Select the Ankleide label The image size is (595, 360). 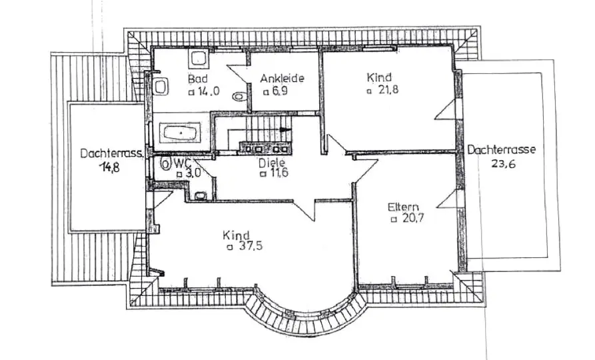coord(282,79)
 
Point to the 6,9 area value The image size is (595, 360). coord(279,91)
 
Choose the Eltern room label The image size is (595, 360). coord(403,206)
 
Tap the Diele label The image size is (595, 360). coord(272,161)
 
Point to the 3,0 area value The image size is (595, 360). coord(193,173)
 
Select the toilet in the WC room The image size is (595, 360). coord(201,195)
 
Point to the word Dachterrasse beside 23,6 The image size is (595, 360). coord(501,149)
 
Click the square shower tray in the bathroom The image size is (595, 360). coord(199,60)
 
